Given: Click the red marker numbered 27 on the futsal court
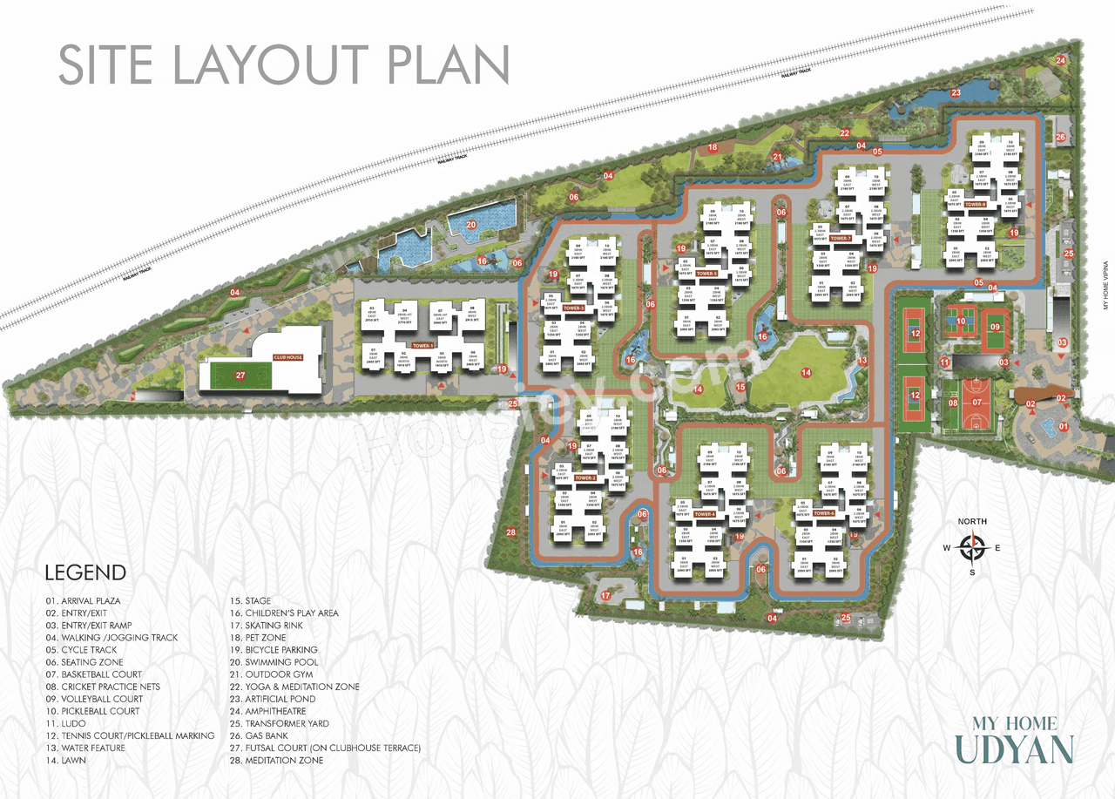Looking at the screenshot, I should [240, 376].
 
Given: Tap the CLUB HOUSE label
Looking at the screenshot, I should [287, 357].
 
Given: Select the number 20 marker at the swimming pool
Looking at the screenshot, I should [471, 225].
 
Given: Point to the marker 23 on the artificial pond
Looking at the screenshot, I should [956, 92].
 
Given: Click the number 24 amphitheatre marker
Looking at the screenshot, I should [1061, 60].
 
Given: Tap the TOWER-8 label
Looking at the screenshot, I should [976, 205].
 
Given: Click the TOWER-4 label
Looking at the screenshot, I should [705, 515].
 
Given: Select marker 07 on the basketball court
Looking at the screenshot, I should [977, 403].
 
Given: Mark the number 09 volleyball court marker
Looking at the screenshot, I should [995, 328].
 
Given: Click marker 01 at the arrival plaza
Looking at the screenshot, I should [1062, 427].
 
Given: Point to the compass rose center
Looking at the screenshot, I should [972, 548].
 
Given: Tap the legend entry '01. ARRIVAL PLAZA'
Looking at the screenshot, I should [84, 601].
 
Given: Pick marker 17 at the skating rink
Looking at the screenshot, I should [605, 596].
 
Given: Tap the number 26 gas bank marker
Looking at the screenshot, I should [1060, 137].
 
